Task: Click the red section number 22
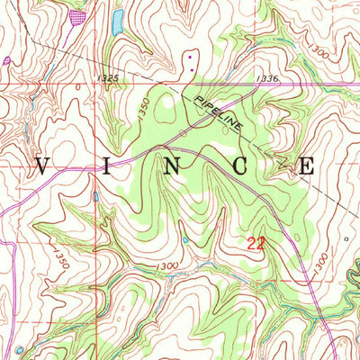click(256, 243)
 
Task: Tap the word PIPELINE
click(217, 111)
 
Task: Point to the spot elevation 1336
click(266, 79)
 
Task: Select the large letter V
click(43, 166)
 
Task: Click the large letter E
click(306, 166)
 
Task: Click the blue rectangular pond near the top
click(117, 22)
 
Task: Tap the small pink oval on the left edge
click(7, 60)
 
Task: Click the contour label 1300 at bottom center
click(166, 266)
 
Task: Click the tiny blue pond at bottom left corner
click(18, 349)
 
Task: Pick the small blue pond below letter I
click(95, 196)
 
